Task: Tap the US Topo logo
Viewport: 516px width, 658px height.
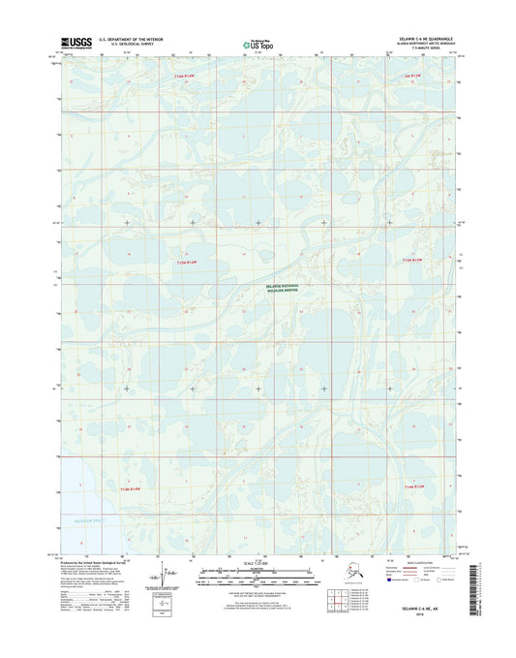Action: click(x=257, y=43)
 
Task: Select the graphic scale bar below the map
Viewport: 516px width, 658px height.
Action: click(x=258, y=575)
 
